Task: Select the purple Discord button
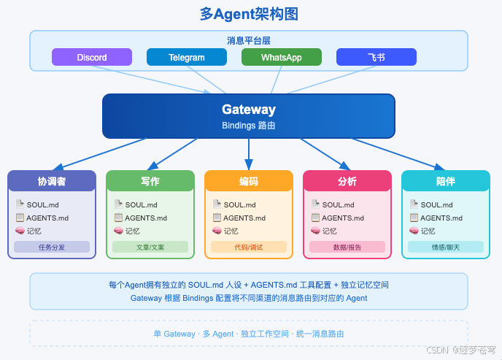point(92,57)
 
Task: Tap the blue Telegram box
point(187,57)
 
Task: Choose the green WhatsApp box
point(282,57)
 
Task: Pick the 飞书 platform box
point(376,57)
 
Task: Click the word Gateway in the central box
point(249,110)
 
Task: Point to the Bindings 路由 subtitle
point(249,126)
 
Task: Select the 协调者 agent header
point(52,181)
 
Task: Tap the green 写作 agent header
point(150,181)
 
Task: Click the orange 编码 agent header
point(249,181)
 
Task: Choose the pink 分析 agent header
point(347,181)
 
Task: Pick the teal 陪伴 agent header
point(446,181)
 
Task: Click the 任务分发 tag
point(52,247)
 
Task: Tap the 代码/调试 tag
point(249,247)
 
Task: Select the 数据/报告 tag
point(347,247)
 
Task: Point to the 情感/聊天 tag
point(446,247)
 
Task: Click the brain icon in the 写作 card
point(118,231)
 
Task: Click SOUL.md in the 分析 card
point(338,205)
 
